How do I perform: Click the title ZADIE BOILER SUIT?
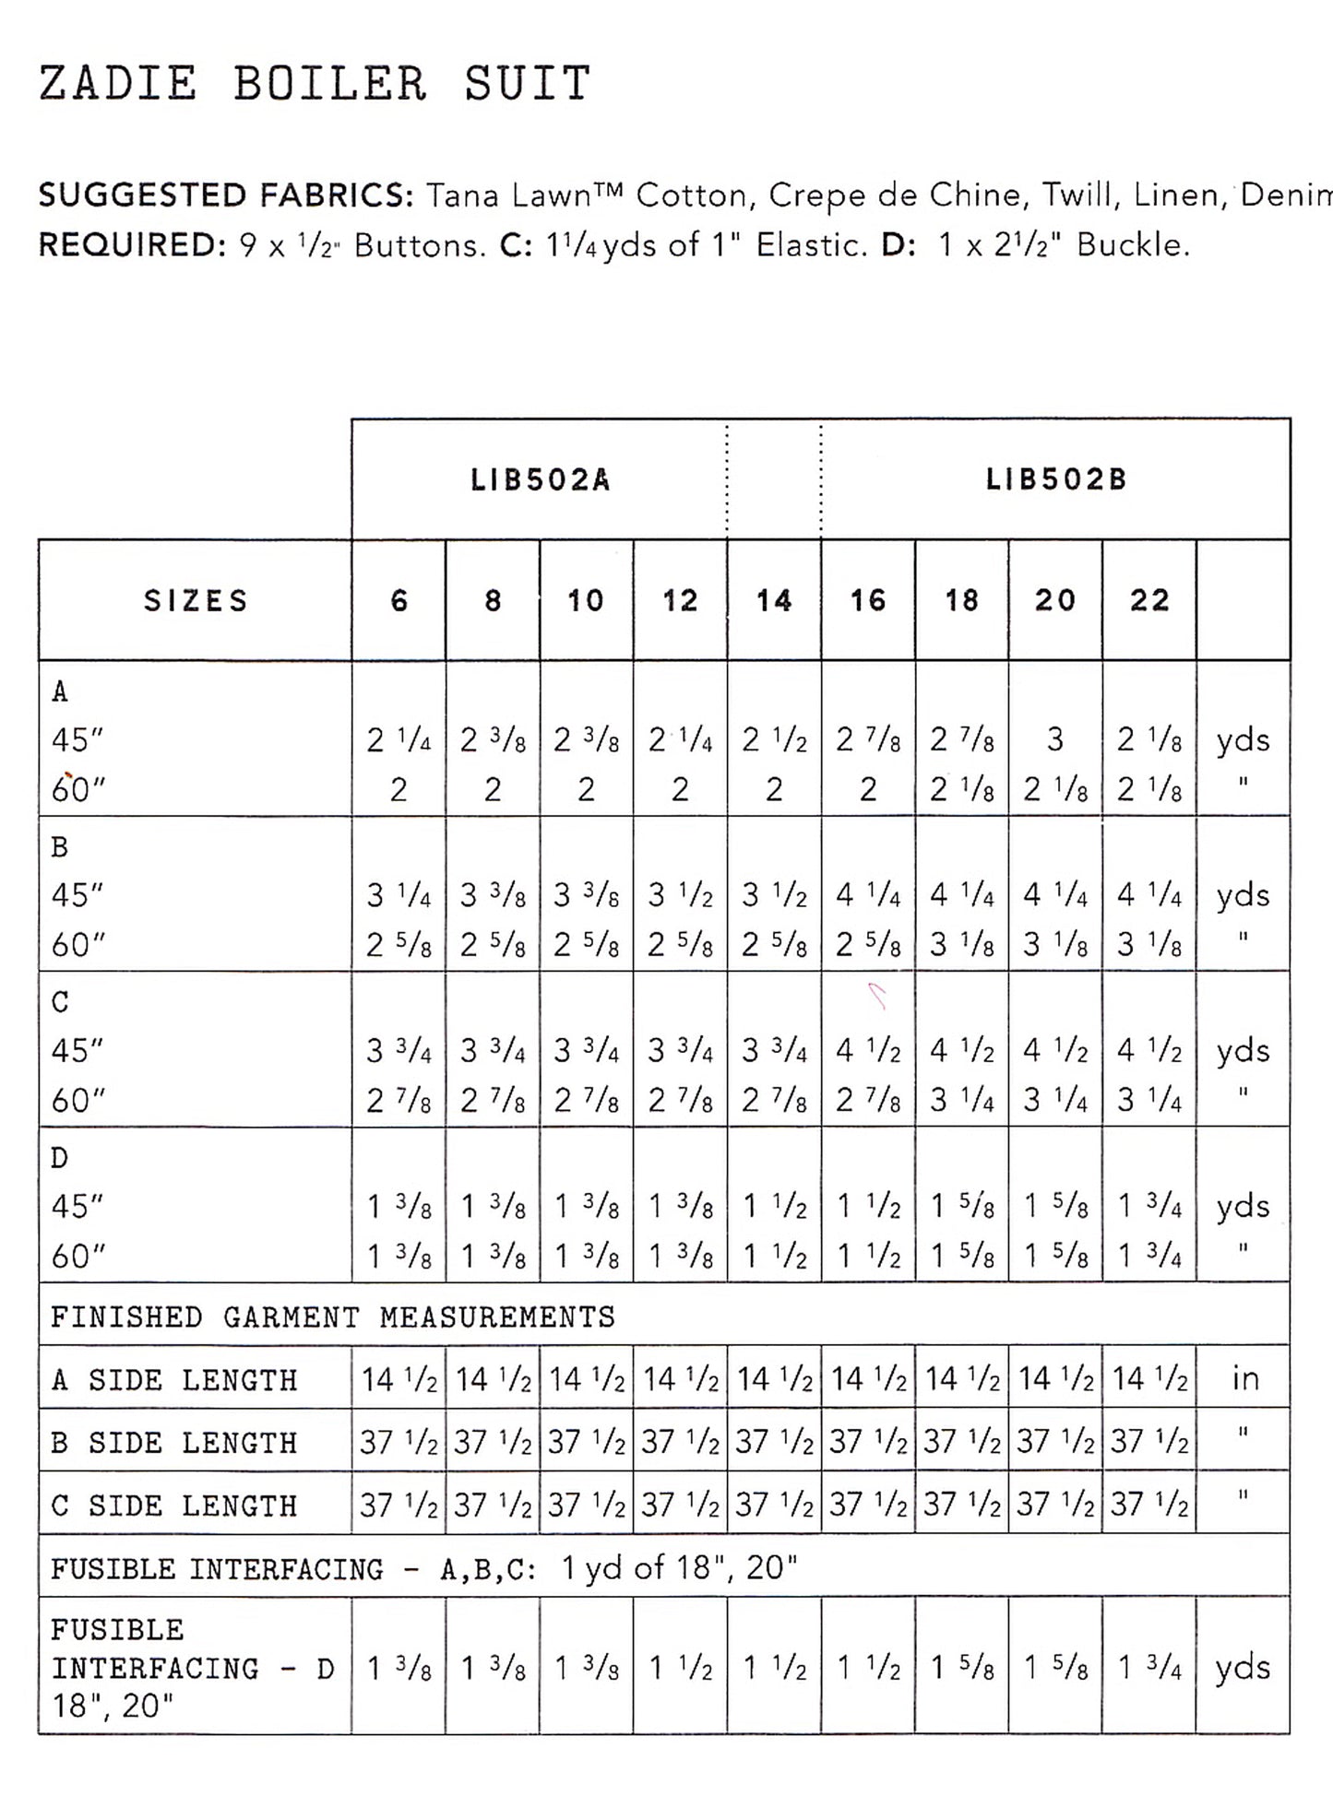314,83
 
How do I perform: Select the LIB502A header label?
540,480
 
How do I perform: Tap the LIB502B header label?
1055,480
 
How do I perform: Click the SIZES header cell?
196,601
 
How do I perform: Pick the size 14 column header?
773,601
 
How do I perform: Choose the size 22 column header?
1149,601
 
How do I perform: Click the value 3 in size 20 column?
1055,739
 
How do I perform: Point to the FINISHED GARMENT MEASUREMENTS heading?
332,1317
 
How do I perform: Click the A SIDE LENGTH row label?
174,1380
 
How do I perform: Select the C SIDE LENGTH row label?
174,1506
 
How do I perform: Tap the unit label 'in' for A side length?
1244,1379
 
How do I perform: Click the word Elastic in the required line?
805,245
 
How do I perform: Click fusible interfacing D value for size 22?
1149,1668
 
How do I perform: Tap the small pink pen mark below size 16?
877,996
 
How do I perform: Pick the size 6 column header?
399,601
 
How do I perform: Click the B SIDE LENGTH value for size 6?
399,1442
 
